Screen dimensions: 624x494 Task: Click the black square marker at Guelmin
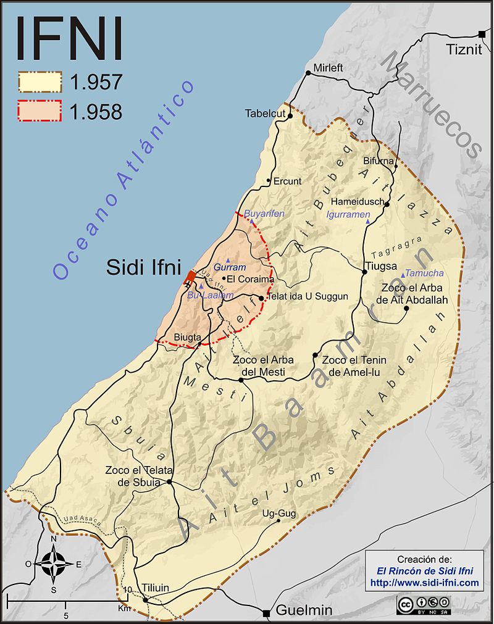click(266, 613)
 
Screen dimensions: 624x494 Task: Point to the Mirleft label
click(327, 67)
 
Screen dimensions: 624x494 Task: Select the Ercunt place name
click(288, 181)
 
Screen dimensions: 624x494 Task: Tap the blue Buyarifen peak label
click(265, 213)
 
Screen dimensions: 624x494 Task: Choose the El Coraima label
click(251, 279)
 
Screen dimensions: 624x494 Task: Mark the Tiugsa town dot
click(363, 270)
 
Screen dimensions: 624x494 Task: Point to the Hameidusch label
click(357, 202)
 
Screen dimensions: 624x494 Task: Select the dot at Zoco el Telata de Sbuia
click(169, 482)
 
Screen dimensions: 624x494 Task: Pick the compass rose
click(54, 563)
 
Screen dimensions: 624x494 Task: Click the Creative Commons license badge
click(423, 603)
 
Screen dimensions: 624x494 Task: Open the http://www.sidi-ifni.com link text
click(424, 583)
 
